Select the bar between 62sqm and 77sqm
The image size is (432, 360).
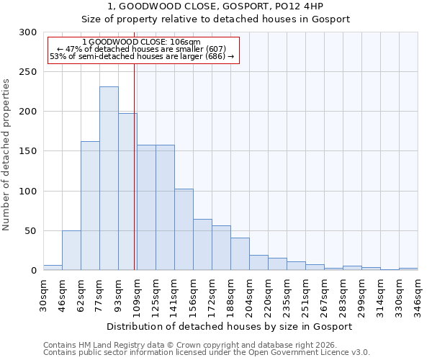[x=90, y=206]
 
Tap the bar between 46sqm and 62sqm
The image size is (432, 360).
[x=71, y=251]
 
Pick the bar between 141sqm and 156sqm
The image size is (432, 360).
[x=184, y=230]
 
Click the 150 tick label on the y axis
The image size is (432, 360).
[x=29, y=151]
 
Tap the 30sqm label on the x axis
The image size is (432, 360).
[x=44, y=293]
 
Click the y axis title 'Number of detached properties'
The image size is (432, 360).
[x=7, y=155]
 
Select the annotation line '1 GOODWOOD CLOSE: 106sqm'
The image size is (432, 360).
[x=142, y=42]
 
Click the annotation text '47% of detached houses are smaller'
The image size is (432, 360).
[x=142, y=49]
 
